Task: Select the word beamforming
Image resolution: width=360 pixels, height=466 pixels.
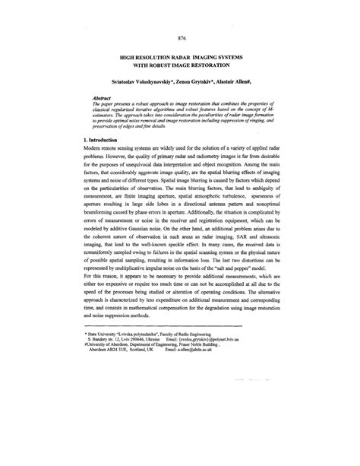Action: (102, 239)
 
